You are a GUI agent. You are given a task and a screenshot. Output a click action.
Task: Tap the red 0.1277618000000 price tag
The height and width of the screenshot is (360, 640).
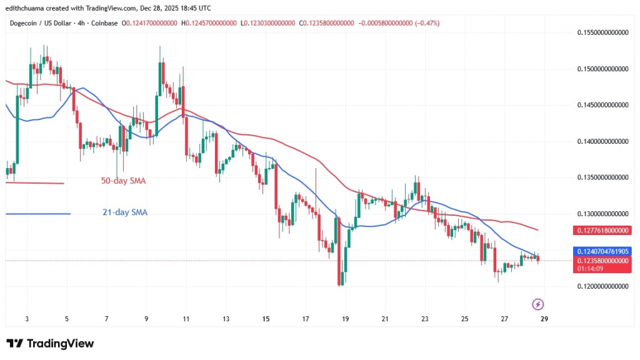pos(600,230)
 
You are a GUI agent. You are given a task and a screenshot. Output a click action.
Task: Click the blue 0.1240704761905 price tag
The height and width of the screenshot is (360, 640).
pos(600,251)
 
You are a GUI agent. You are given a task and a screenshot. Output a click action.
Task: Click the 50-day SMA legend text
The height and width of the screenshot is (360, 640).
pos(124,181)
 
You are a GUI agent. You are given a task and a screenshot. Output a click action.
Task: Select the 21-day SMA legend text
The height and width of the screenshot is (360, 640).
pos(125,212)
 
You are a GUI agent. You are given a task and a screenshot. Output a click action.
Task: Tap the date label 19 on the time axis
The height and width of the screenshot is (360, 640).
pos(345,319)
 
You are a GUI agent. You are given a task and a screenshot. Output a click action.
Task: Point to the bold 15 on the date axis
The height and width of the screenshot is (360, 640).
pos(266,319)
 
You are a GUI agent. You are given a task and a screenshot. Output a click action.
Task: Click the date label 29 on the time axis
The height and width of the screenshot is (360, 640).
pos(544,319)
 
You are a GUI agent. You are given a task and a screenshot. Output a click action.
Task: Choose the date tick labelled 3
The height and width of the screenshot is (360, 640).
pos(27,319)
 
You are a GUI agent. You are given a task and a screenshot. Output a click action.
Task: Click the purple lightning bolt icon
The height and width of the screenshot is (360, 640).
pos(537,304)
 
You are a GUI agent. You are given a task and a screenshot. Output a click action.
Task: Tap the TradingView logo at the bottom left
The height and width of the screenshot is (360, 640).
pos(50,344)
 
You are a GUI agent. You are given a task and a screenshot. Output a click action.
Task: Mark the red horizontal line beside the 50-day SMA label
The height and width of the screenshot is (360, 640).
pos(34,182)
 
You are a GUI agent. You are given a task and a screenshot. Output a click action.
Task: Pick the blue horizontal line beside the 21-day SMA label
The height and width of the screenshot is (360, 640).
pos(37,214)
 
